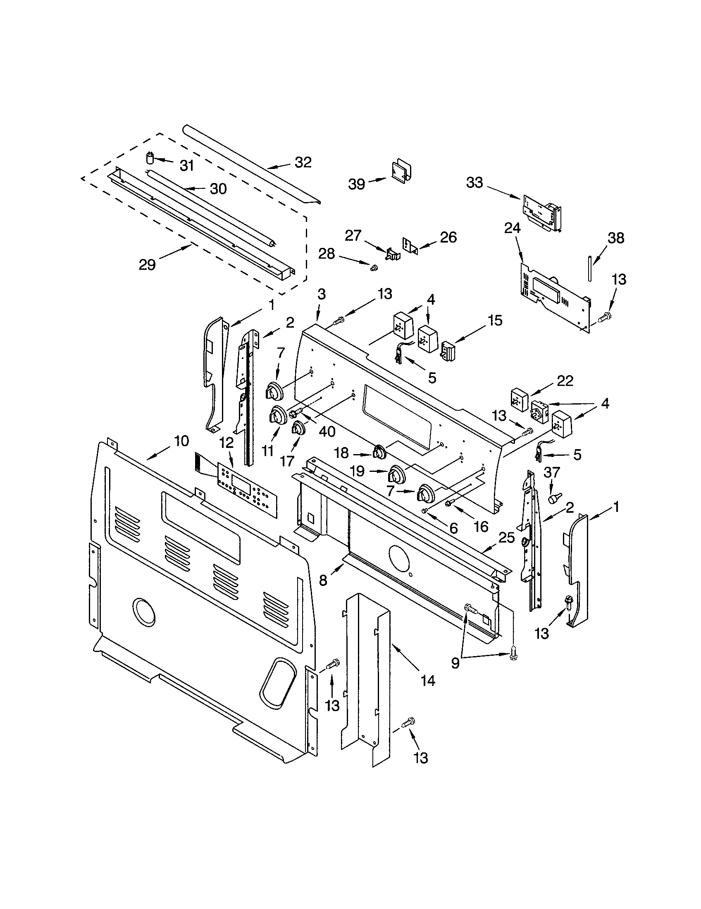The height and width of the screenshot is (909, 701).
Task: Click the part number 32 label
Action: point(303,162)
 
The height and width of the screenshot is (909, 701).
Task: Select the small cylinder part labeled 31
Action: point(150,159)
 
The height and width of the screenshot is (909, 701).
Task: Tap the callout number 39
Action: point(357,184)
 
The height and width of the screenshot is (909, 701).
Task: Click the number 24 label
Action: point(512,228)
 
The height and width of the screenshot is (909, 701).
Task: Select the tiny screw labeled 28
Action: point(373,269)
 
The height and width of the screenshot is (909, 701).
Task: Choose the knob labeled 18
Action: point(379,452)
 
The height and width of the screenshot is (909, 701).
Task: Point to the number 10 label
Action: point(181,441)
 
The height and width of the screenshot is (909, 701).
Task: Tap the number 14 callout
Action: point(427,681)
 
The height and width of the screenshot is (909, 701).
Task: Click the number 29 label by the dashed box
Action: point(147,264)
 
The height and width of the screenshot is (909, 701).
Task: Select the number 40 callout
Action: point(327,431)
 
